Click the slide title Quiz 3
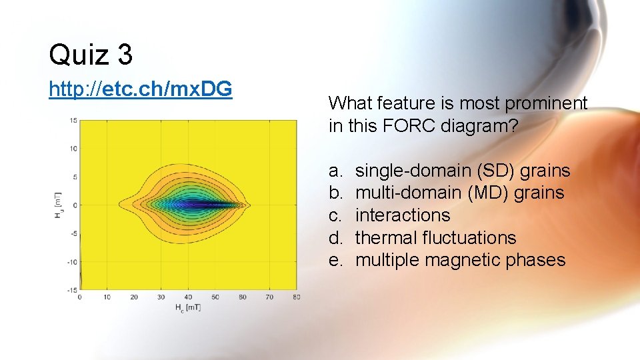pyautogui.click(x=91, y=54)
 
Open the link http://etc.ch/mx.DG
pyautogui.click(x=140, y=89)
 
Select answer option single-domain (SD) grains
pyautogui.click(x=462, y=171)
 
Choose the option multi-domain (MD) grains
pyautogui.click(x=459, y=193)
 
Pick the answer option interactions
pyautogui.click(x=403, y=215)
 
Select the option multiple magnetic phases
pyautogui.click(x=460, y=260)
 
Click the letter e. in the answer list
pyautogui.click(x=336, y=260)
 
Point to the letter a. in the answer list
pyautogui.click(x=336, y=171)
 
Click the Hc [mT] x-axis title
pyautogui.click(x=188, y=307)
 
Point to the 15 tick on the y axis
pyautogui.click(x=73, y=121)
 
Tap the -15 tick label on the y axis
pyautogui.click(x=72, y=289)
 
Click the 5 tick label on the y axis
pyautogui.click(x=75, y=177)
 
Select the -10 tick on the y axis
pyautogui.click(x=72, y=261)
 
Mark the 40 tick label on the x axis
pyautogui.click(x=188, y=297)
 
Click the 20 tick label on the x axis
pyautogui.click(x=134, y=297)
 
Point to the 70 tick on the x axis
pyautogui.click(x=269, y=297)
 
